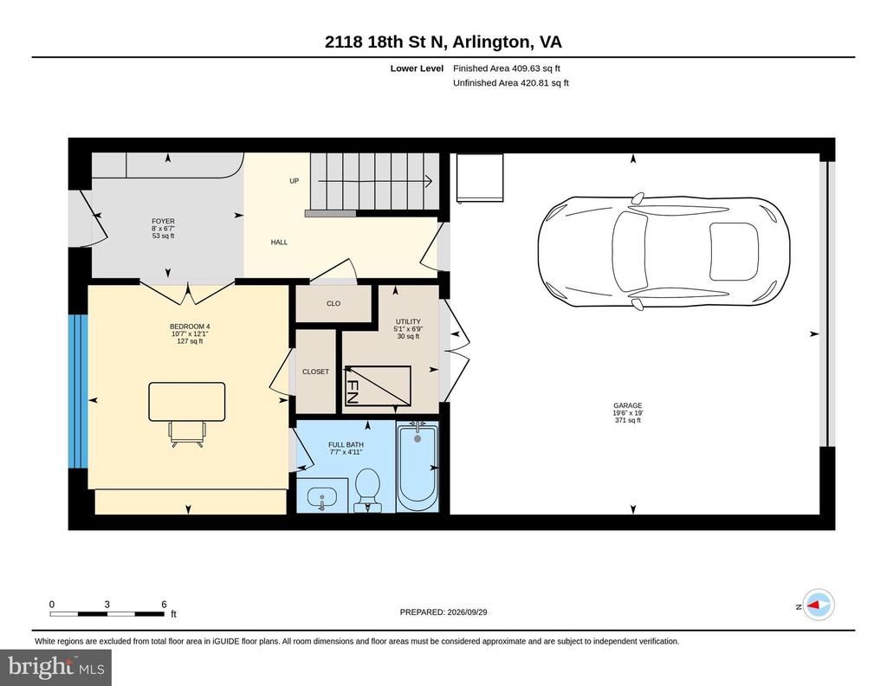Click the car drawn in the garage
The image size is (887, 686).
click(x=664, y=251)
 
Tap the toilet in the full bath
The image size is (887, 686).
click(x=367, y=489)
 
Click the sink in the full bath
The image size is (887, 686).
click(x=322, y=498)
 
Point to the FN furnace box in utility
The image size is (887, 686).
click(x=378, y=386)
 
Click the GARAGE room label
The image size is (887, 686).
click(x=627, y=405)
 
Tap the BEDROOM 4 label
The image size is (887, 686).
click(x=190, y=327)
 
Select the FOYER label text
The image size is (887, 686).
click(x=163, y=221)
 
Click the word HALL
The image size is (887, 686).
click(x=279, y=242)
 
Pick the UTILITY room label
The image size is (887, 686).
click(x=408, y=321)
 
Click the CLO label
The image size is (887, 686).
click(x=333, y=304)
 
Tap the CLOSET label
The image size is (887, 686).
click(x=315, y=372)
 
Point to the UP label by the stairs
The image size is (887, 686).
click(x=295, y=181)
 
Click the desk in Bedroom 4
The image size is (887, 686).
click(x=187, y=402)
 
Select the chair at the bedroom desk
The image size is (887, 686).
click(x=187, y=434)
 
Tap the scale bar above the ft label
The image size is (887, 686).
click(x=107, y=613)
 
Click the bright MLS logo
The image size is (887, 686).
click(x=56, y=667)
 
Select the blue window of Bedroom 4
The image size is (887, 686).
click(x=78, y=392)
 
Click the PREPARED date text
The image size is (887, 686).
click(x=443, y=612)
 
